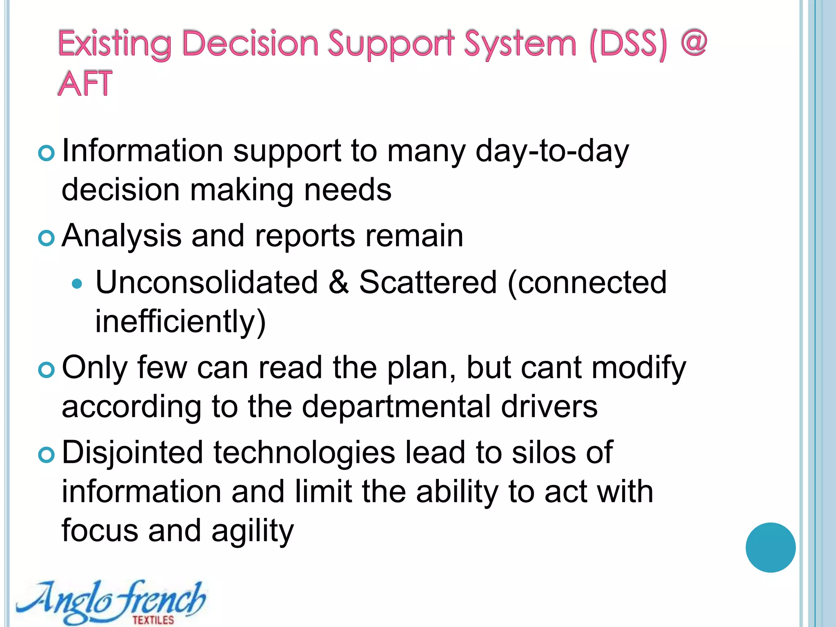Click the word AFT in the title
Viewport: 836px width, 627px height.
click(85, 83)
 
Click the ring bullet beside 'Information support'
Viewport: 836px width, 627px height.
click(46, 153)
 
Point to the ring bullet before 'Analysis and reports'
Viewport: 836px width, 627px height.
click(46, 238)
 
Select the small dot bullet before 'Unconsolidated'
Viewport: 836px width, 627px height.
click(77, 283)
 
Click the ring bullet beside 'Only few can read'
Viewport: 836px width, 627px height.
click(46, 370)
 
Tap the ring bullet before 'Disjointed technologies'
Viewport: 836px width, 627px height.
click(46, 455)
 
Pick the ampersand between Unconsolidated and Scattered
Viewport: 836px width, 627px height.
click(338, 282)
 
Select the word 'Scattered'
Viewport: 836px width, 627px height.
click(428, 282)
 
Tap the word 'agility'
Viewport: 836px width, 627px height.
click(252, 531)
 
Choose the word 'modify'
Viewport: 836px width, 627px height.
click(639, 368)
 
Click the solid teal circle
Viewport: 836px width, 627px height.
click(770, 547)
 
